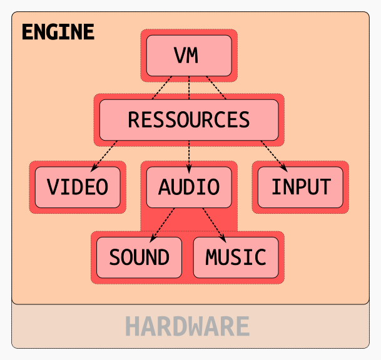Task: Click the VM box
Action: point(189,55)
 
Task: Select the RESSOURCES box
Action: point(189,119)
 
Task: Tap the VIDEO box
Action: point(78,187)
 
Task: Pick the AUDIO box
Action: point(189,187)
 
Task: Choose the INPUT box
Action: point(300,187)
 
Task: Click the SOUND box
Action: point(139,257)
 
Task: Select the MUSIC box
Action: point(236,257)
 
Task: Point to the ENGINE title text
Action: point(58,32)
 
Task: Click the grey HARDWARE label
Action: point(187,326)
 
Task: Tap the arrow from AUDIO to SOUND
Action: point(163,223)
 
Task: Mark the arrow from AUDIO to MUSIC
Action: point(214,223)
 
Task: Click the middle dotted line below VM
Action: point(189,87)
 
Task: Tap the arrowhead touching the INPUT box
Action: point(284,167)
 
